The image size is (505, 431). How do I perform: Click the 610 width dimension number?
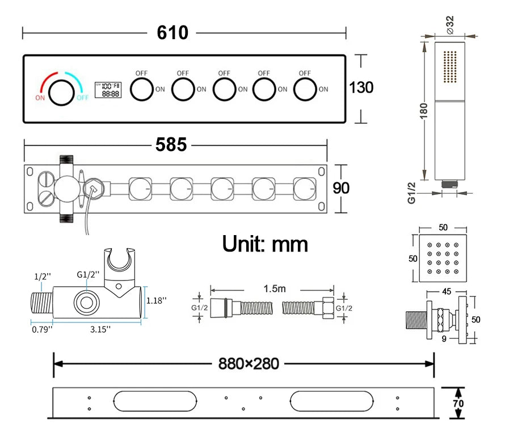tap(172, 33)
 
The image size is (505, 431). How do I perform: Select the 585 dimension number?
tap(171, 145)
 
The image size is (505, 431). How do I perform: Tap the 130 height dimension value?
tap(361, 87)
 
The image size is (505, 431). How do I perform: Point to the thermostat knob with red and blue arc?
tap(61, 93)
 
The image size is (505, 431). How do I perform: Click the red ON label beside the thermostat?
tap(40, 97)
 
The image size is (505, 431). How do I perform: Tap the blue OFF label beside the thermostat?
tap(83, 97)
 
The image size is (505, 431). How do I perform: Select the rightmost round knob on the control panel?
tap(305, 89)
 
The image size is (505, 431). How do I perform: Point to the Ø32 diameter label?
tap(450, 26)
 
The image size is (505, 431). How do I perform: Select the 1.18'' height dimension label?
tap(157, 300)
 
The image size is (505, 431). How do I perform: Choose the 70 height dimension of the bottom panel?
tap(458, 403)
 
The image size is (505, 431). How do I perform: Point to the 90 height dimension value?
tap(341, 188)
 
